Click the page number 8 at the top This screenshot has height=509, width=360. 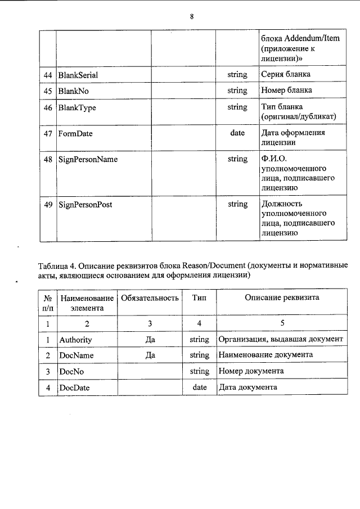click(192, 16)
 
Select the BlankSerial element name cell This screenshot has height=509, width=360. click(80, 74)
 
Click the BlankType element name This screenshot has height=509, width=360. click(76, 107)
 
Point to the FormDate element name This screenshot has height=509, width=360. click(76, 134)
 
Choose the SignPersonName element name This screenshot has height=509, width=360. click(88, 160)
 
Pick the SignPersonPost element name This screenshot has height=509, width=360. click(85, 205)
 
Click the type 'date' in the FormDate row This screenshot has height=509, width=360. click(237, 133)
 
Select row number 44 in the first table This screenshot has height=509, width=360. click(48, 74)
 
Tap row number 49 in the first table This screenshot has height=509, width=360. click(48, 205)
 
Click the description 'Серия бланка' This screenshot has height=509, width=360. click(286, 74)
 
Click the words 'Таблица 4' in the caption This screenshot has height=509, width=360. click(56, 265)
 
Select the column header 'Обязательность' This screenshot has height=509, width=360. click(150, 298)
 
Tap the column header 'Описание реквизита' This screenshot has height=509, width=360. click(281, 298)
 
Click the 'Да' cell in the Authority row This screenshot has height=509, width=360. click(150, 340)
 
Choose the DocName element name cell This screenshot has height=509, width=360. click(76, 355)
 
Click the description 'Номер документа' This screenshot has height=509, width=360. click(251, 371)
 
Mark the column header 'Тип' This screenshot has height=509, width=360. click(199, 298)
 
